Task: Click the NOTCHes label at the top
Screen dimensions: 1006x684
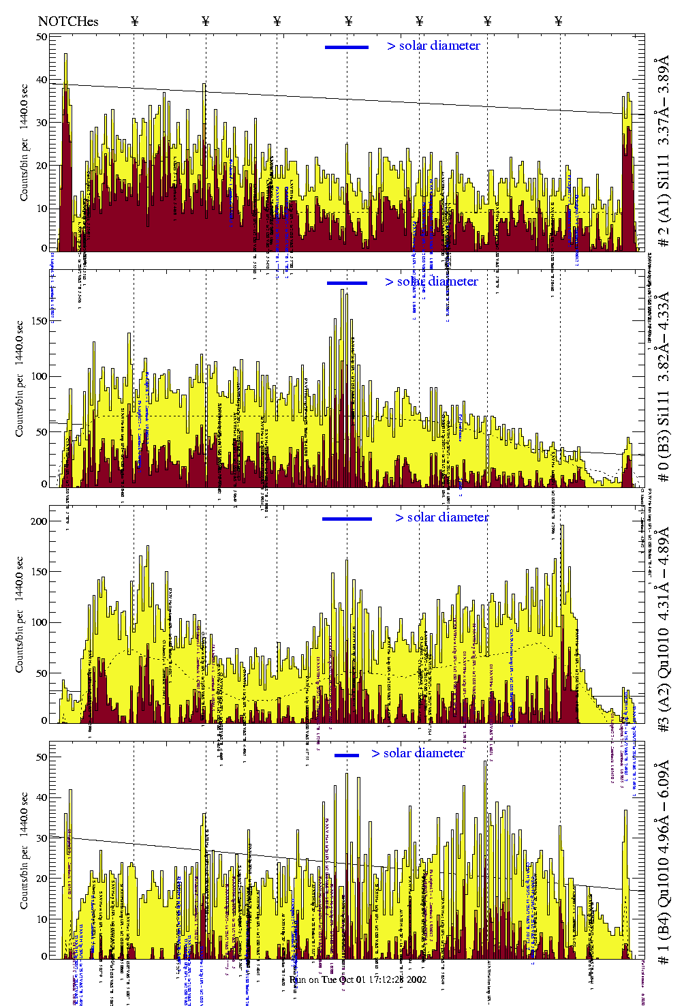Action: pos(68,21)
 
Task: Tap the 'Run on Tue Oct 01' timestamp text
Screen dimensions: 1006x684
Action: pos(358,979)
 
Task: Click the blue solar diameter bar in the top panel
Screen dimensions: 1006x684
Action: pos(347,47)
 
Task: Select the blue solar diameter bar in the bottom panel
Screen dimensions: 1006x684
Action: pos(347,755)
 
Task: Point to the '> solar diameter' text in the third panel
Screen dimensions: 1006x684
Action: pos(441,517)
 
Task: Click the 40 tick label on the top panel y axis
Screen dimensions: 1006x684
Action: pos(42,80)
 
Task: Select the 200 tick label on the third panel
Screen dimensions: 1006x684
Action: pos(39,521)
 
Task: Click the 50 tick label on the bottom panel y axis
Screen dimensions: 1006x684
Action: pos(42,757)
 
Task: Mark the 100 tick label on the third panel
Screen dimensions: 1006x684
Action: pos(39,622)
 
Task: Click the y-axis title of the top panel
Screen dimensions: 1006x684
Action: pos(25,142)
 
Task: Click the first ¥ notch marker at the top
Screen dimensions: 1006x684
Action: pos(134,21)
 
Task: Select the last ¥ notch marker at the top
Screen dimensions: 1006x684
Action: pos(559,21)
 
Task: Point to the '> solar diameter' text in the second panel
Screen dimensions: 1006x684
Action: pos(431,281)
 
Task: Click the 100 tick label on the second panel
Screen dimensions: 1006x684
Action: pos(39,376)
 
